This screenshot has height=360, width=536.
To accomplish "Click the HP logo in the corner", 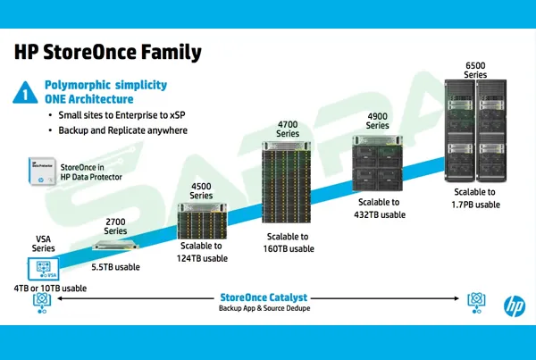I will click(x=515, y=305).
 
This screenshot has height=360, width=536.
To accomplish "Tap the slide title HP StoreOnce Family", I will click(x=108, y=52).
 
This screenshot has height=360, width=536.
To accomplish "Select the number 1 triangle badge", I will click(x=28, y=91).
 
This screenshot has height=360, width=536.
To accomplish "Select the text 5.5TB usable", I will click(x=117, y=265).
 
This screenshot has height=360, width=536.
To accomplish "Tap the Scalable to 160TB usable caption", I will click(x=289, y=242).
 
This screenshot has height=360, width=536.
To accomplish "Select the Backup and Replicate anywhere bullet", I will click(x=122, y=130).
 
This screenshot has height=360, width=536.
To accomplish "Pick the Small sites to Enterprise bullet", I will click(x=117, y=116).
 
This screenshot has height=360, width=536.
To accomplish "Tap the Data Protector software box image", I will click(x=39, y=172).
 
